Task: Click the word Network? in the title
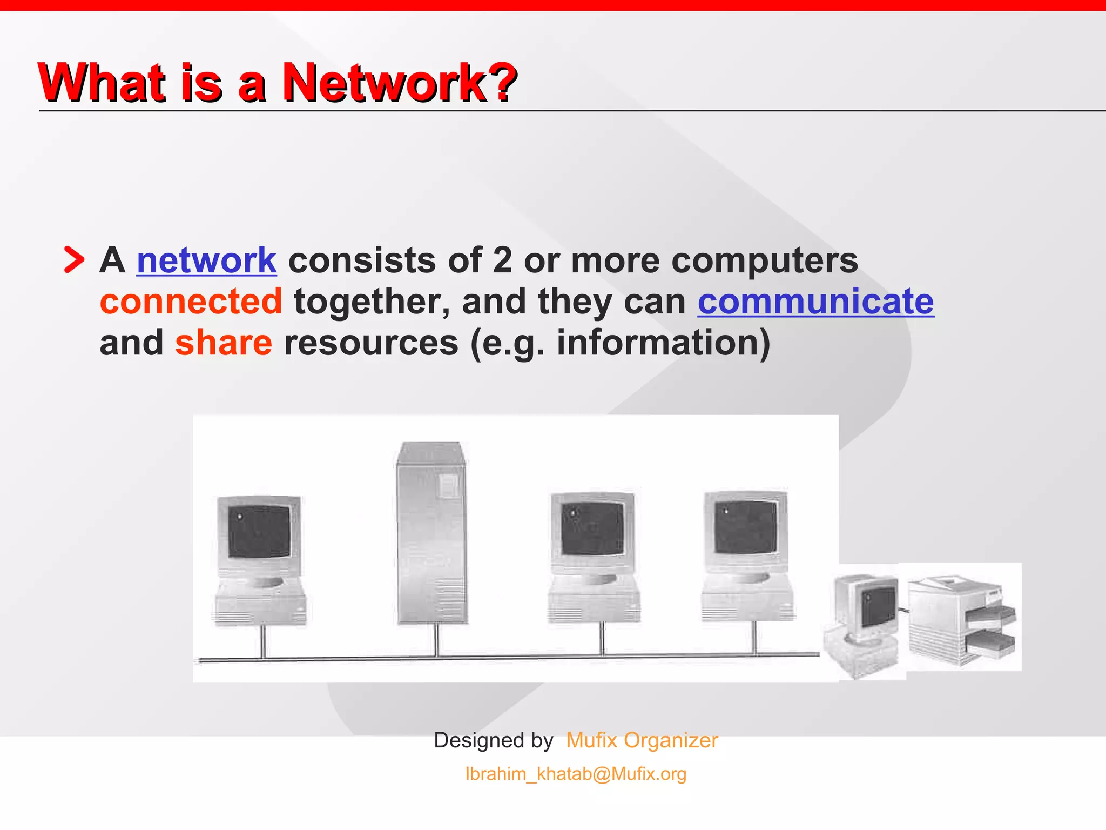click(400, 82)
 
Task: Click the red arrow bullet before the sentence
click(74, 260)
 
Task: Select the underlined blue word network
click(206, 260)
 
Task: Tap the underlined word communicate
click(815, 302)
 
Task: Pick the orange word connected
click(191, 302)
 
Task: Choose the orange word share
click(224, 343)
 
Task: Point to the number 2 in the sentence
click(502, 260)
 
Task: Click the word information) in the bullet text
click(663, 343)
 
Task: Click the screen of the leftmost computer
click(259, 532)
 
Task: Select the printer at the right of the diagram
click(962, 619)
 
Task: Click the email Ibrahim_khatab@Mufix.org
click(576, 774)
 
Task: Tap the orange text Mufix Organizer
click(642, 740)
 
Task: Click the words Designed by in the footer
click(494, 740)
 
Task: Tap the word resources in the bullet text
click(371, 343)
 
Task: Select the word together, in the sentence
click(372, 302)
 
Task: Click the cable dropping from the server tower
click(436, 641)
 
